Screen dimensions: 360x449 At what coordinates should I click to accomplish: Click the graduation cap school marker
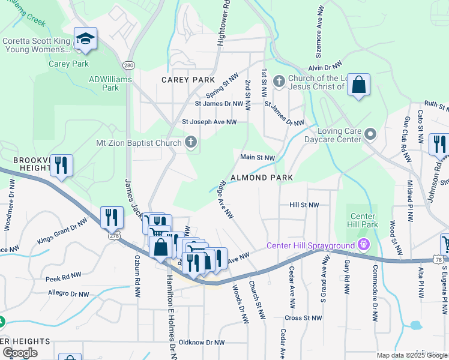point(85,39)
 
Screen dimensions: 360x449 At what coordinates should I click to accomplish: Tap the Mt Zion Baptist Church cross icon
point(191,143)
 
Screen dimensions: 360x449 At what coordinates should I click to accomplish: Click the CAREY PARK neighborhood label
point(188,80)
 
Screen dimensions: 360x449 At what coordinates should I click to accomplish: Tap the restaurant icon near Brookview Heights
point(61,165)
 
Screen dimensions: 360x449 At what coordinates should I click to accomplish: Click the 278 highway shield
point(115,236)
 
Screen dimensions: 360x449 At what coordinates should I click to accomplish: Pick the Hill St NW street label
point(304,205)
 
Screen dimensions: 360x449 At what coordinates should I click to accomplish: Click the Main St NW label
point(258,158)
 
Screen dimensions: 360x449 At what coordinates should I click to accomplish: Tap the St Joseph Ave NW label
point(209,122)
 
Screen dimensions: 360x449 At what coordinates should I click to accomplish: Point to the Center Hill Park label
point(363,220)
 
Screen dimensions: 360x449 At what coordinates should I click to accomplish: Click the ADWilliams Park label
point(104,83)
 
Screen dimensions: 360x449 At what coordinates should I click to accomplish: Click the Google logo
point(19,353)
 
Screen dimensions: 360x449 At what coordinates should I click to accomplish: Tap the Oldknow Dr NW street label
point(202,343)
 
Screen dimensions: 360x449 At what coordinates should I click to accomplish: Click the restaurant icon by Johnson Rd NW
point(439,145)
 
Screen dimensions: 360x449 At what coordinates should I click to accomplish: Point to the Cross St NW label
point(304,318)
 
